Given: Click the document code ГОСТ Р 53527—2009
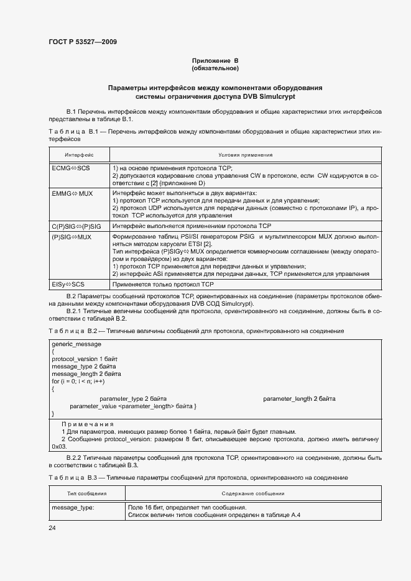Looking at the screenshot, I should pos(82,42).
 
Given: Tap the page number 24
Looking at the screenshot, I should pos(52,528).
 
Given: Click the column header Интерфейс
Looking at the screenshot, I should pos(79,155).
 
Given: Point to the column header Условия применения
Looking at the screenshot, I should pos(246,155).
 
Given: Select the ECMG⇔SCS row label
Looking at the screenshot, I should pos(71,168).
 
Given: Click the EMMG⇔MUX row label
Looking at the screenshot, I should pos(72,193).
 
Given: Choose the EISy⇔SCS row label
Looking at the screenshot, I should pos(70,283).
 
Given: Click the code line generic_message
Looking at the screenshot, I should pos(76,344).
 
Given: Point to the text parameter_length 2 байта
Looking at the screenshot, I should pos(299,398).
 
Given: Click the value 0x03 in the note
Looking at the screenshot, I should pos(59,446).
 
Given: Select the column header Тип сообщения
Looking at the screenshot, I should pos(86,493).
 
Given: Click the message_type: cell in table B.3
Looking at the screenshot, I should pos(73,507).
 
